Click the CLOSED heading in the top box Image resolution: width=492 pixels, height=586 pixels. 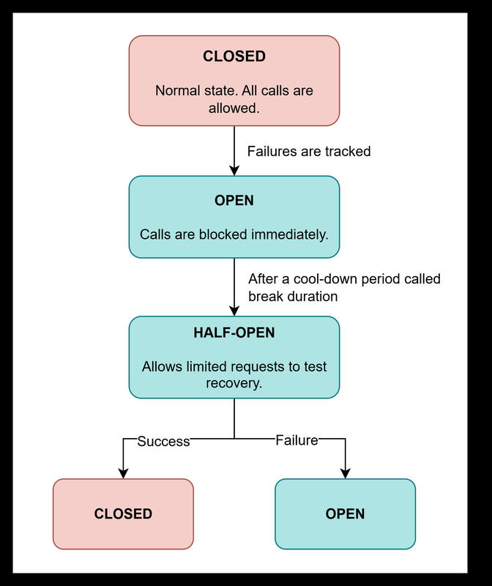tap(234, 56)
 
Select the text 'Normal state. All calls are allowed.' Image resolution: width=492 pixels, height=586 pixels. tap(234, 100)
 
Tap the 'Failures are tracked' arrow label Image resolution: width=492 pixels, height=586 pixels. tap(309, 152)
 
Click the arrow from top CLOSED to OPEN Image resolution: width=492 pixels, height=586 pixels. tap(234, 150)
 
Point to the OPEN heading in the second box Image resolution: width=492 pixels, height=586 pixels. tap(234, 200)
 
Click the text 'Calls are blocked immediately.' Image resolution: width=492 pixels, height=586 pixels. tap(234, 235)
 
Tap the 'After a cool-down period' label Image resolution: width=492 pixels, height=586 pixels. tap(344, 279)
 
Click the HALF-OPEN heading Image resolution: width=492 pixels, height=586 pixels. tap(234, 333)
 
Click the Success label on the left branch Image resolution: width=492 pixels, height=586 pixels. tap(163, 441)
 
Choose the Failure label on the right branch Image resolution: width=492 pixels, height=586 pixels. tap(297, 440)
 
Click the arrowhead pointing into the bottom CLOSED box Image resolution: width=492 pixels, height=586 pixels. tap(123, 473)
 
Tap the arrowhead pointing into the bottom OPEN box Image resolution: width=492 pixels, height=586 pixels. tap(345, 473)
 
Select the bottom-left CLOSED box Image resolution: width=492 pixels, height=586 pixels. tap(123, 513)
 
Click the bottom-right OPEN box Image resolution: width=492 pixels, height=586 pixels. tap(345, 513)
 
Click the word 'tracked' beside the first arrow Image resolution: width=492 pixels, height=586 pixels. tap(346, 152)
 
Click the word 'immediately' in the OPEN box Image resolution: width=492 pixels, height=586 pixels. tap(291, 235)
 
